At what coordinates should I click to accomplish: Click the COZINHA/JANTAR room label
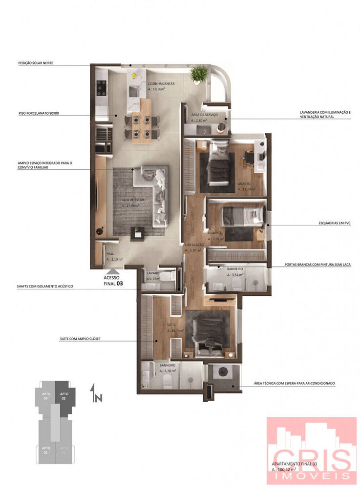161,83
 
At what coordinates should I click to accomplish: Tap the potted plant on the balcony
199,74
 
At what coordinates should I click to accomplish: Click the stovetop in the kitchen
102,88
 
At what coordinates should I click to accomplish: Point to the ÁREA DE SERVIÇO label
205,115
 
